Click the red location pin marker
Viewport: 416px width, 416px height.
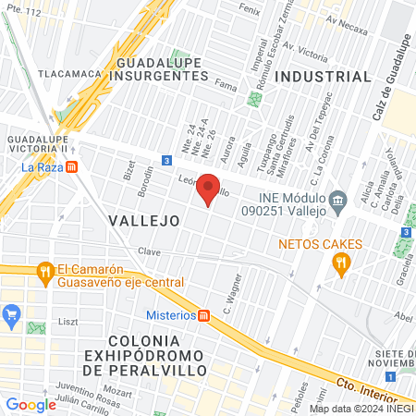pos(209,188)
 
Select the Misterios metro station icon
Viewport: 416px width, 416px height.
pos(205,314)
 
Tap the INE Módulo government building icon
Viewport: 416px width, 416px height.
pos(337,198)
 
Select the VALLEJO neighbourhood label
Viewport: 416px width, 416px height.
pos(142,221)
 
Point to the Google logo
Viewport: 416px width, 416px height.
pos(31,404)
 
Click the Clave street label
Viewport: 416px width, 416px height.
pos(149,251)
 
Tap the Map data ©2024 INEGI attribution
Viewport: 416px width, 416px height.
pos(361,409)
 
